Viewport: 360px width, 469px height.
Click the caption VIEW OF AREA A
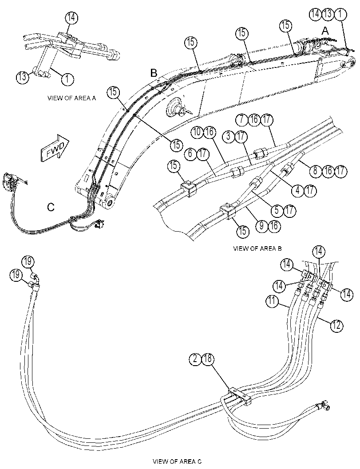pos(72,98)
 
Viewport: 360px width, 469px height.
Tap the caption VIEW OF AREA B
pos(257,248)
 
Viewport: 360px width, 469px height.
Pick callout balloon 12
pos(337,325)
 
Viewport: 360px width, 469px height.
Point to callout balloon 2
pos(196,359)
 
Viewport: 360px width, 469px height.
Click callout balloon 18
pos(208,359)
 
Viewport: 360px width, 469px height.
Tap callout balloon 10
pos(198,132)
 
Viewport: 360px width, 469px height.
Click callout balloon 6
pos(191,154)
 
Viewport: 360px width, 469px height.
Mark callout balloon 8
pos(315,171)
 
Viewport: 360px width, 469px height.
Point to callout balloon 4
pos(298,190)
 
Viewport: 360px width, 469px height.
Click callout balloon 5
pos(277,210)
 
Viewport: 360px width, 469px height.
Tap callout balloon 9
pos(261,225)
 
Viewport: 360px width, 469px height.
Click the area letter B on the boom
pos(154,73)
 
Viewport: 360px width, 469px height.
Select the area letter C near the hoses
pos(51,207)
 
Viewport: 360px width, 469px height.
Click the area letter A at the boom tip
pos(325,31)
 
